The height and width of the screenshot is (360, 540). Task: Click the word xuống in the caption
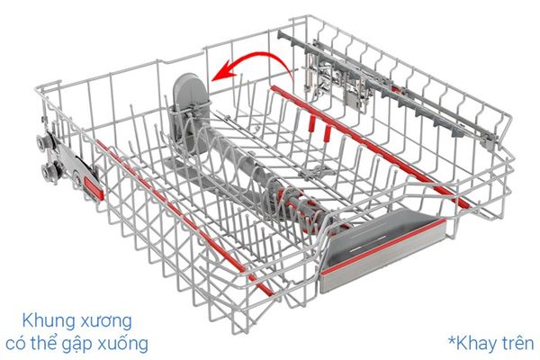coord(124,345)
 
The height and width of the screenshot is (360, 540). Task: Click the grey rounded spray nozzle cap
coord(191,90)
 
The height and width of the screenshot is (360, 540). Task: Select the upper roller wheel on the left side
coord(43,142)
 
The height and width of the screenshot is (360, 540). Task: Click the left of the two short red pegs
coord(312,124)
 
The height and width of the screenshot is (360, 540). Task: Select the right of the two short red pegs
coord(328,133)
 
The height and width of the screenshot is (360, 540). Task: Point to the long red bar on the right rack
coord(371,147)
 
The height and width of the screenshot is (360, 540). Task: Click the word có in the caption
coord(15,345)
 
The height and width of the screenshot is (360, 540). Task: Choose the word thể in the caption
coord(42,343)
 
